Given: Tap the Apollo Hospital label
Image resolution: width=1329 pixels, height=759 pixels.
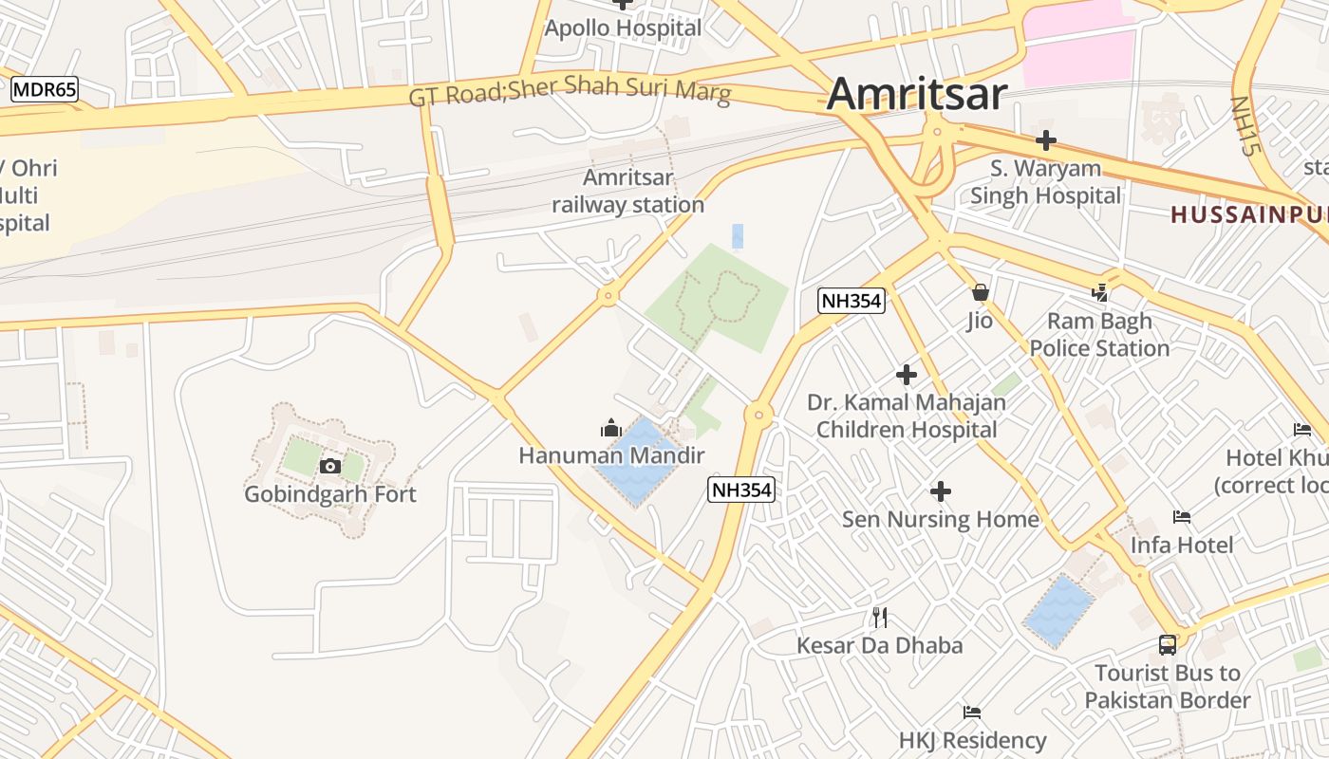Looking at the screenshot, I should pos(623,28).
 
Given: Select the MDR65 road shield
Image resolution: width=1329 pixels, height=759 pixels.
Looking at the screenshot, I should pos(45,91).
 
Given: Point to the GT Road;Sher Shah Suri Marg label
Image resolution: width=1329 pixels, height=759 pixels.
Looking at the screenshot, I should pos(570,94).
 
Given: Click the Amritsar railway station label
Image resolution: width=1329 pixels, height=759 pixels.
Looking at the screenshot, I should pos(628,191).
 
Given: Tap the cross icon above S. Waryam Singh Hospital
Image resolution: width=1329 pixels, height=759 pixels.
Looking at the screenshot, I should pos(1045,141).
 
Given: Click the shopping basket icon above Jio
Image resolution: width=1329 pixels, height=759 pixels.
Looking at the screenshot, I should pos(980,292).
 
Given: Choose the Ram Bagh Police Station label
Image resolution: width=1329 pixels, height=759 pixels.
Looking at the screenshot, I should pos(1099,335).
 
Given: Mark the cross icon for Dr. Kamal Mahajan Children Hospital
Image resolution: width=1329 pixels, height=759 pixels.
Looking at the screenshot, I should pos(907,375).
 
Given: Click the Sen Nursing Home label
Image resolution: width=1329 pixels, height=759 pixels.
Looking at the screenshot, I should pos(941,519).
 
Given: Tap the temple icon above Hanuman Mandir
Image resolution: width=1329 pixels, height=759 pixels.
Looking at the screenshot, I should pos(611,429).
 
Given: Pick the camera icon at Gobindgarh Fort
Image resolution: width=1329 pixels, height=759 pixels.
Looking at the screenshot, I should pos(330,466).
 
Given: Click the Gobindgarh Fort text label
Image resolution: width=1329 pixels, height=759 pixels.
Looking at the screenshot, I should pos(330,494).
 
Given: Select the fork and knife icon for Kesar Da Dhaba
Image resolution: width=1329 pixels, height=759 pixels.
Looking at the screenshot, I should pos(880,618).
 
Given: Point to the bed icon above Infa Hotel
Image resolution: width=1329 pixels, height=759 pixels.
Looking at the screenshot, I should pos(1182,517).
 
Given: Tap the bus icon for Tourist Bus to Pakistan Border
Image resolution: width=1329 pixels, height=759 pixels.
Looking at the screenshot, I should pos(1168,645).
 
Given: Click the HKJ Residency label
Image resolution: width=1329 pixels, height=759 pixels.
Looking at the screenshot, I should pos(973,740).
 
